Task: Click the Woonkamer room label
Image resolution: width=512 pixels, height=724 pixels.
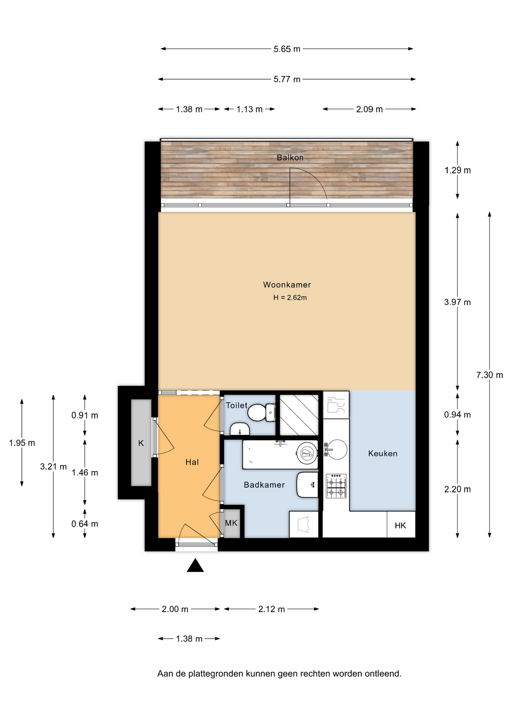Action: click(x=287, y=285)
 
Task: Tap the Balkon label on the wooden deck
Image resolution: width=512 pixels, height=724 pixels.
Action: click(x=290, y=158)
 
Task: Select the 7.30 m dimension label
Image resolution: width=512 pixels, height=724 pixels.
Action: click(x=489, y=375)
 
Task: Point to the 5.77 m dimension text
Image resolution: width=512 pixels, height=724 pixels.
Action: click(x=287, y=79)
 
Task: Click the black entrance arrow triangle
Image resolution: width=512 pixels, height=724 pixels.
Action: click(x=195, y=565)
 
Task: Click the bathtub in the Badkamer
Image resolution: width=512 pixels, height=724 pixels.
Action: click(x=280, y=454)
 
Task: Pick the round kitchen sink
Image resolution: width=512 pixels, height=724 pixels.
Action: click(x=336, y=449)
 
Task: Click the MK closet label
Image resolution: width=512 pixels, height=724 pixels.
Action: click(x=231, y=523)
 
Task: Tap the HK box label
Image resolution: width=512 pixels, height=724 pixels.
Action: click(x=400, y=525)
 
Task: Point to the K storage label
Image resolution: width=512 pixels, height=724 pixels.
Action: click(x=141, y=443)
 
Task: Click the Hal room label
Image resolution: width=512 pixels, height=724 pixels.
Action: click(x=192, y=462)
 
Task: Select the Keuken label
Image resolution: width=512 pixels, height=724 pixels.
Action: click(x=383, y=453)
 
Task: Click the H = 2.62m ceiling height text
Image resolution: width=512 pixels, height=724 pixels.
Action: click(x=290, y=298)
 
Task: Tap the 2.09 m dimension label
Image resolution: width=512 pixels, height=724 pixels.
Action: click(x=369, y=109)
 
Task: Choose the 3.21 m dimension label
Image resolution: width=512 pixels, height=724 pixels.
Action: click(x=54, y=466)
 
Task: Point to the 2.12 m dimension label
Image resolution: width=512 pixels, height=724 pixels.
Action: click(x=271, y=609)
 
